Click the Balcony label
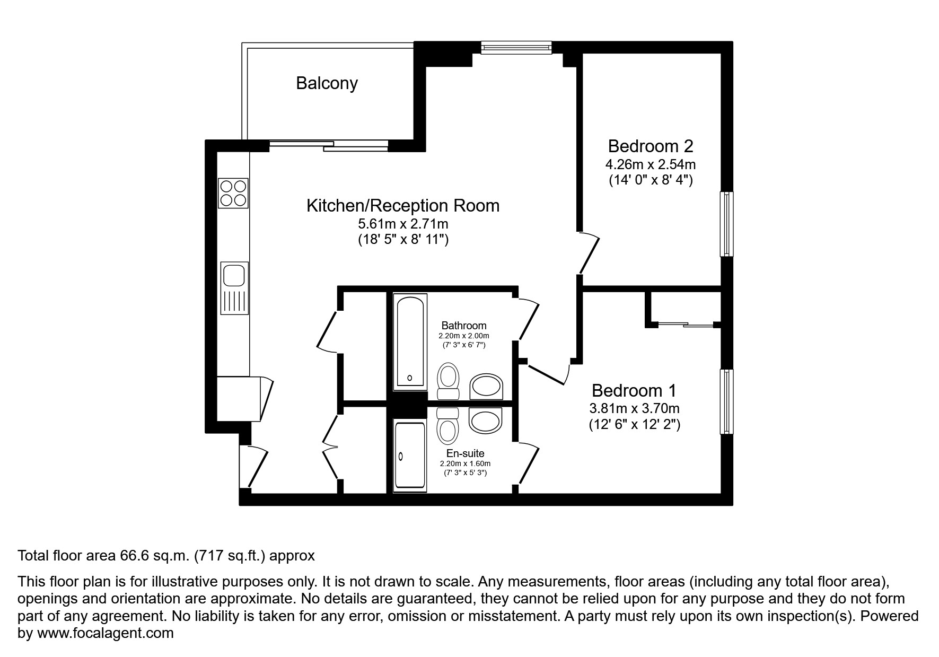click(327, 83)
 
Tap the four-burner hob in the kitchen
click(233, 193)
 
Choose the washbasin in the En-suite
click(486, 421)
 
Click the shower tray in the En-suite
click(410, 455)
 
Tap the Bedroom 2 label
click(650, 146)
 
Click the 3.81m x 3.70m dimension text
click(634, 408)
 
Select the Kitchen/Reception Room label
click(403, 206)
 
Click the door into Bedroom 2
click(589, 254)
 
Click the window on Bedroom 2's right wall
click(726, 224)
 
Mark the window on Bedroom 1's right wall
click(726, 401)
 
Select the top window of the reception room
click(516, 48)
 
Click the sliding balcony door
click(329, 145)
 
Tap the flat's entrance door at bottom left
click(255, 467)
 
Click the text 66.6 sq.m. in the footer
click(155, 556)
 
